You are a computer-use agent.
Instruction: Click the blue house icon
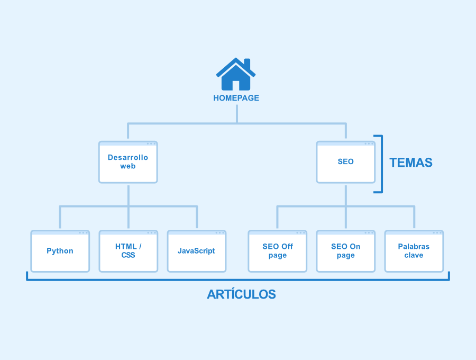[236, 74]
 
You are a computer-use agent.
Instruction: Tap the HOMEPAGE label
[236, 98]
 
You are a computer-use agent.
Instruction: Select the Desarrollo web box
[128, 162]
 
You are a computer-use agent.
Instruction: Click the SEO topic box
[346, 162]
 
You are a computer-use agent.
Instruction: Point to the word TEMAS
[411, 163]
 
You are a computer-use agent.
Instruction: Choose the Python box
[60, 251]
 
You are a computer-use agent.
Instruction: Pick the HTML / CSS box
[129, 251]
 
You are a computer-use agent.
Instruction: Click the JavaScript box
[197, 251]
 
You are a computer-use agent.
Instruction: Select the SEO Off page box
[278, 251]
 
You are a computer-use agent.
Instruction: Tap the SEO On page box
[346, 251]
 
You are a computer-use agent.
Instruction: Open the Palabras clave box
[414, 251]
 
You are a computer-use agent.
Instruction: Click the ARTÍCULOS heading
[241, 294]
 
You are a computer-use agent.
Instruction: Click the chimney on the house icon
[247, 64]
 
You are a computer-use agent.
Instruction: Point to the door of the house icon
[236, 85]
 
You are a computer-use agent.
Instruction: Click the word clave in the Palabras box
[414, 255]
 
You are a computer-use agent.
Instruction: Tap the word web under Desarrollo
[128, 166]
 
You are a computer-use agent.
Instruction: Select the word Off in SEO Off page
[286, 246]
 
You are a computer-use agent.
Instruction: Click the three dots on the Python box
[83, 233]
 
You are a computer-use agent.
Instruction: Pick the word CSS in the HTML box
[128, 255]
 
